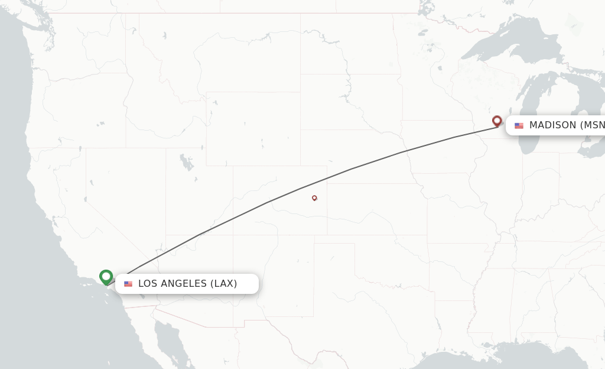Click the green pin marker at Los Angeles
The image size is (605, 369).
tap(106, 276)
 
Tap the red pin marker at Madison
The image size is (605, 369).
tap(497, 121)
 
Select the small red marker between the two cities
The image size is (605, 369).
tap(314, 198)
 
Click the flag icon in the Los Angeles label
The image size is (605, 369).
tap(128, 284)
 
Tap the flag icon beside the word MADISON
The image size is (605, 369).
tap(519, 125)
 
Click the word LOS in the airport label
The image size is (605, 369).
tap(148, 284)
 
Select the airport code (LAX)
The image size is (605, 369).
tap(224, 284)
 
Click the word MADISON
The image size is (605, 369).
tap(552, 125)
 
